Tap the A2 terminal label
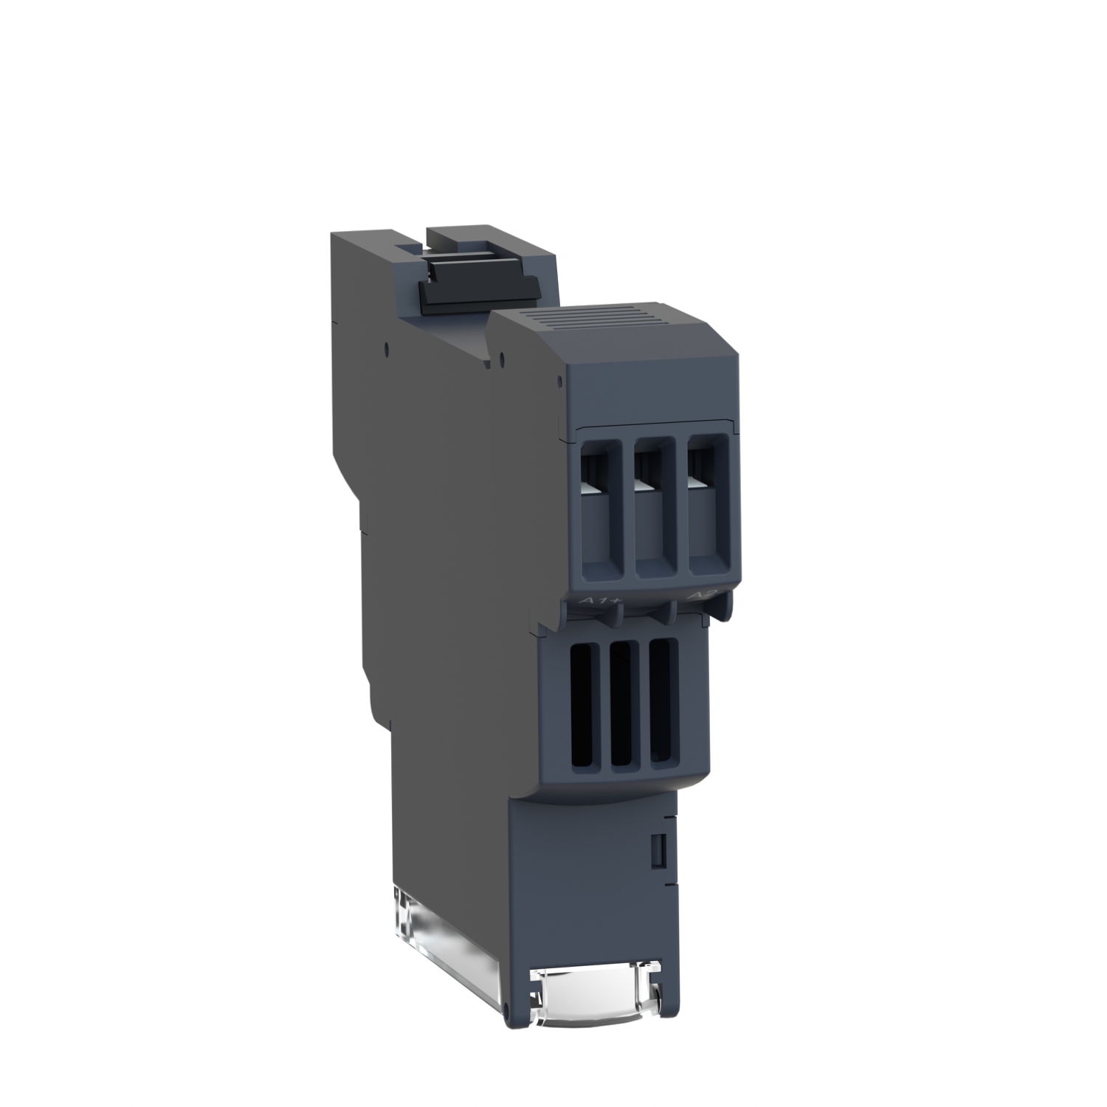(x=698, y=595)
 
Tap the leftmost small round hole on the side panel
(x=386, y=344)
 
